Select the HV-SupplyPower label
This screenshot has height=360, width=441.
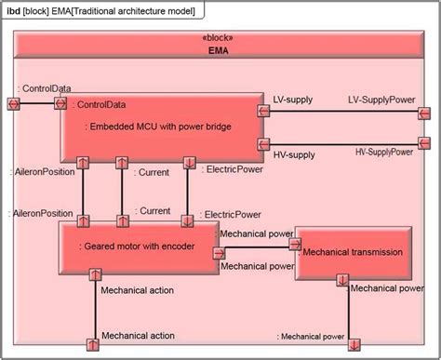click(x=383, y=151)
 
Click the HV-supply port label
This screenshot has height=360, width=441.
click(x=293, y=152)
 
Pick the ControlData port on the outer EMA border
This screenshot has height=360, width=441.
click(x=13, y=102)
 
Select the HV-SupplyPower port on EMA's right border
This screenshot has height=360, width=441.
click(x=424, y=142)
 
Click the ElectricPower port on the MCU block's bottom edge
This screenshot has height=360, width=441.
click(x=189, y=163)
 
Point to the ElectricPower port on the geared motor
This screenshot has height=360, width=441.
click(x=189, y=220)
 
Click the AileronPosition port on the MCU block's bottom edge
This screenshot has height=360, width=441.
click(x=83, y=163)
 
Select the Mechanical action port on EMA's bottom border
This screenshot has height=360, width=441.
click(x=93, y=345)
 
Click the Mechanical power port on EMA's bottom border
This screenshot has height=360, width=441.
click(x=342, y=346)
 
